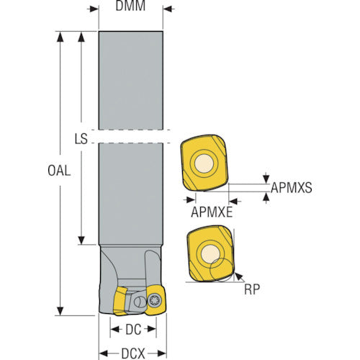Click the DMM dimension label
click(130, 6)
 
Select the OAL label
click(59, 171)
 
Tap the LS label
click(81, 139)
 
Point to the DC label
click(133, 330)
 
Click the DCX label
click(133, 354)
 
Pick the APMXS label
click(292, 187)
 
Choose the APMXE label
click(212, 212)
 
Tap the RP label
click(252, 289)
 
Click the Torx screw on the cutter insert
click(154, 300)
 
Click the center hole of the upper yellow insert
click(204, 163)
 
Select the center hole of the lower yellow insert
click(210, 253)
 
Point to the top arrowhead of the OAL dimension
click(60, 37)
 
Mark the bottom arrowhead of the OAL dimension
click(60, 311)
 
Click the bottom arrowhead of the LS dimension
click(81, 240)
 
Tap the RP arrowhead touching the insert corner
click(238, 276)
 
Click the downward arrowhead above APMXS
click(266, 179)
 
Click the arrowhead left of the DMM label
click(94, 9)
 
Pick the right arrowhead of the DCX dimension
click(162, 354)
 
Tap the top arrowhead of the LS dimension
click(81, 37)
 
